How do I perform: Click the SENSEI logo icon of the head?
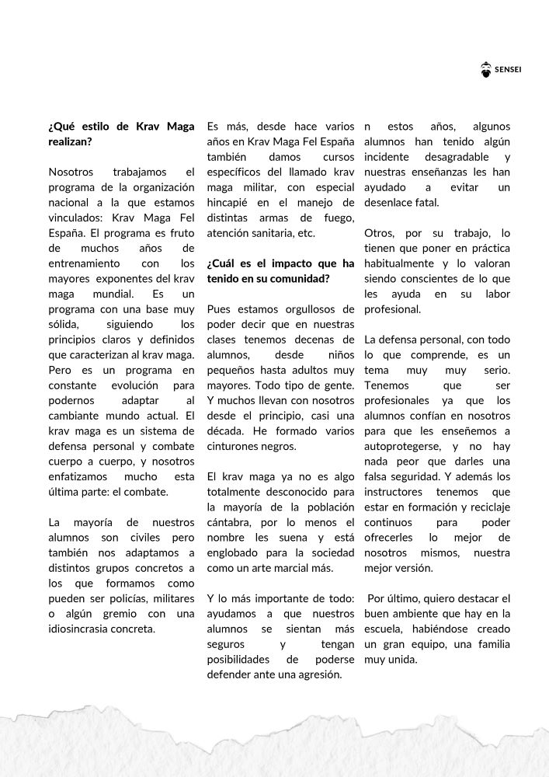coord(486,70)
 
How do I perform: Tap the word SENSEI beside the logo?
coord(508,71)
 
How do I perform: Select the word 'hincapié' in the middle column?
coord(230,201)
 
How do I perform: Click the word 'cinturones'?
coord(234,446)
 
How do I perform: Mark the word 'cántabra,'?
coord(232,521)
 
